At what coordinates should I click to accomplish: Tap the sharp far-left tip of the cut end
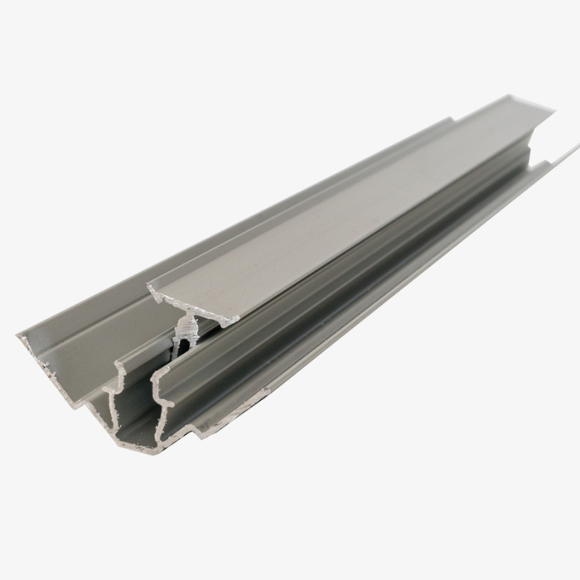[17, 336]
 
